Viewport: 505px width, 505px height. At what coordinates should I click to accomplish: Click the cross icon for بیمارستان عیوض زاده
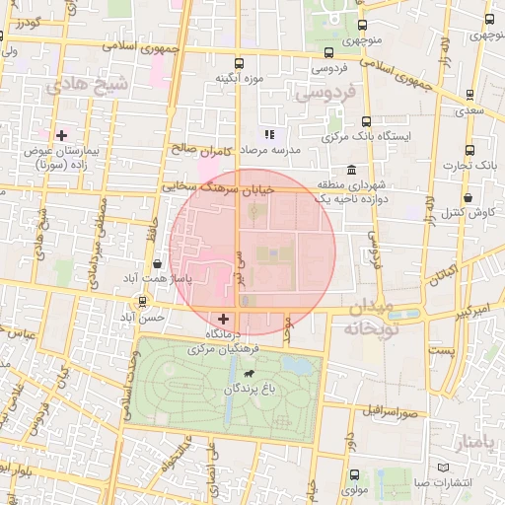61,134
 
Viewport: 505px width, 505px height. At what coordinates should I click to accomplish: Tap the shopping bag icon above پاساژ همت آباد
158,263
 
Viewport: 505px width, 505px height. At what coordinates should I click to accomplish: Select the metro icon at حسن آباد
144,302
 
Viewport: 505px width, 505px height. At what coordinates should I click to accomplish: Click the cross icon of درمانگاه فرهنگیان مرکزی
224,319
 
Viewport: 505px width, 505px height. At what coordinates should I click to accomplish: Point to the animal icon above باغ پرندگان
247,375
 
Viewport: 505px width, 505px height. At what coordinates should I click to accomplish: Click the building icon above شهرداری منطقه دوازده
324,170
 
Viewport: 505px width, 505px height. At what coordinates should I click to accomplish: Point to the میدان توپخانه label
367,318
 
